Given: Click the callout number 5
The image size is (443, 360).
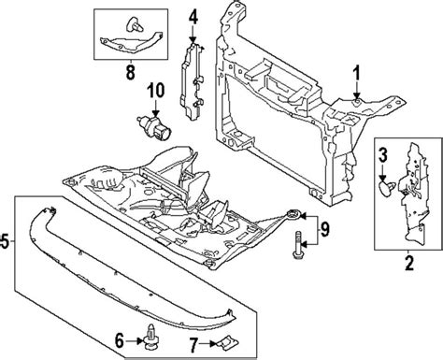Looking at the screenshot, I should point(7,245).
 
